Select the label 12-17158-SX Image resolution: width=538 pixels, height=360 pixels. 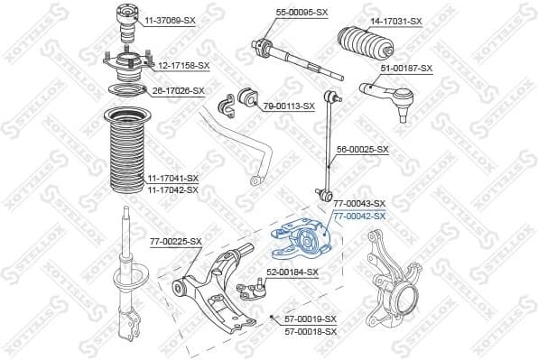point(183,66)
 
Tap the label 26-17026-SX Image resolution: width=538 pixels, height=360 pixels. point(177,90)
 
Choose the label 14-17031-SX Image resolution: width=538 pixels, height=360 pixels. point(395,20)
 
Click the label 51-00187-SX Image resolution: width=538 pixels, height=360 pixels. point(406,68)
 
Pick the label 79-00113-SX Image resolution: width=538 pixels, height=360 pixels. point(288,106)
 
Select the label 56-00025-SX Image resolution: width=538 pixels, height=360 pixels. point(362,149)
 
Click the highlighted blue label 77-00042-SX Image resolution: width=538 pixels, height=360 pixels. point(359,216)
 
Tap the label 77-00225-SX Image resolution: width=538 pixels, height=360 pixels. point(175,241)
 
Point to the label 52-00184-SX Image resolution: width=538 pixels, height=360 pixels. point(292,272)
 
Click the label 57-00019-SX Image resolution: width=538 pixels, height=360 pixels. point(311,319)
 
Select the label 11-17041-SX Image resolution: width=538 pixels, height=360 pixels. point(172,179)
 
